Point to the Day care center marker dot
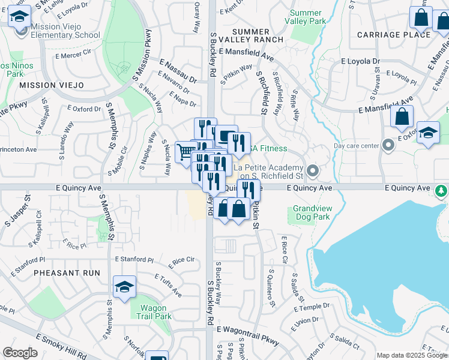(x=389, y=145)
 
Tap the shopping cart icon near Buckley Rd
(x=186, y=152)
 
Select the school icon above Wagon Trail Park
(x=124, y=287)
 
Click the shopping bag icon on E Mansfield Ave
(x=402, y=116)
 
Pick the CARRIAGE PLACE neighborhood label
(x=393, y=34)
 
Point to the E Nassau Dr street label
(x=178, y=70)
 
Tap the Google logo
(x=20, y=353)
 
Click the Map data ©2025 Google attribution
(x=411, y=355)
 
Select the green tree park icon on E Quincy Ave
(x=441, y=190)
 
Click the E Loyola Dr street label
(x=361, y=61)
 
